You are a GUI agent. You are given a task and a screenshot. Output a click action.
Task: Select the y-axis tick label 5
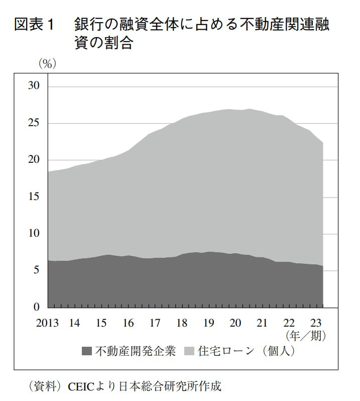[x=37, y=270]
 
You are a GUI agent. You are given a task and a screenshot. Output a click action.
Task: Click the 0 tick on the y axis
[x=37, y=307]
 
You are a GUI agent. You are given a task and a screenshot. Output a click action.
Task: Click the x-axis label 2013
[x=47, y=323]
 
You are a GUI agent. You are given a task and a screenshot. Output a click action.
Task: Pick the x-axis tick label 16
[x=128, y=323]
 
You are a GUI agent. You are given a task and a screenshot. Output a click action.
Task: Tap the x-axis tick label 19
[x=208, y=323]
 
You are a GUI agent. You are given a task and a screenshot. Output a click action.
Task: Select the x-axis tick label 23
[x=316, y=323]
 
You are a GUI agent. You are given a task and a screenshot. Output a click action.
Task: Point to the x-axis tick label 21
[x=262, y=323]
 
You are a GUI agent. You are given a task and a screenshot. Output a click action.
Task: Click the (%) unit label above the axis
[x=47, y=63]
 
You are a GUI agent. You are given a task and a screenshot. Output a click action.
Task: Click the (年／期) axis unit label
[x=305, y=336]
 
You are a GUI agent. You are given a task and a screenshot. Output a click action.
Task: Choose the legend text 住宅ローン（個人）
[x=246, y=351]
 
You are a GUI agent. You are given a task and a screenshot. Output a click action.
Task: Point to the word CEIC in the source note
[x=82, y=386]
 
